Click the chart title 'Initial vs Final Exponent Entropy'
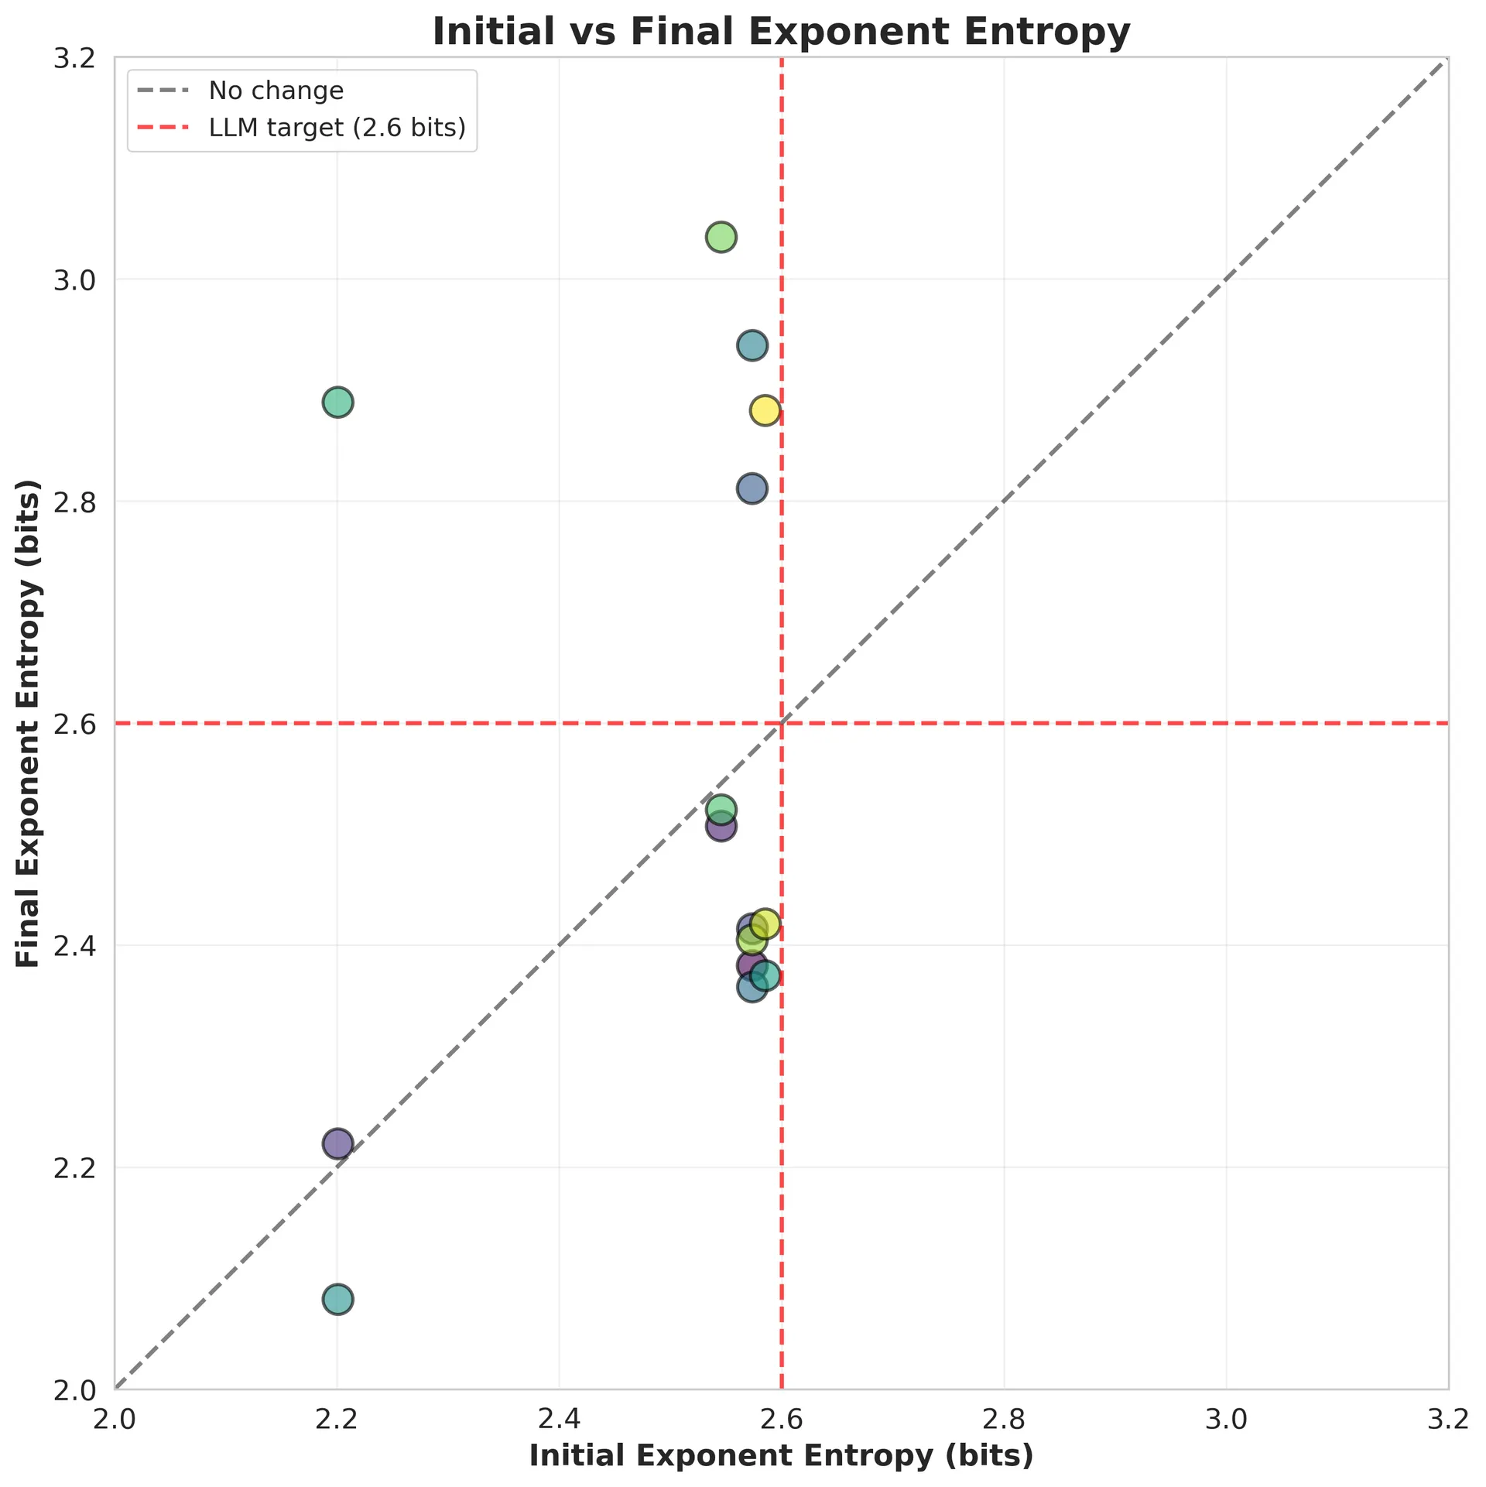click(x=781, y=33)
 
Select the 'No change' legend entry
click(x=276, y=91)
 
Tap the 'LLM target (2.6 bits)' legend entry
click(x=337, y=128)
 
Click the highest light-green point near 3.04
click(x=721, y=236)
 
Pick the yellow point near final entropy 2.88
click(x=765, y=409)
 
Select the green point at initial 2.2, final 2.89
click(x=337, y=402)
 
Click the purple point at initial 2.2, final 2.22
click(x=337, y=1143)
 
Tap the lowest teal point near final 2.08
click(x=337, y=1299)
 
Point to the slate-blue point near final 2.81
click(x=752, y=488)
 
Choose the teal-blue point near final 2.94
click(x=752, y=344)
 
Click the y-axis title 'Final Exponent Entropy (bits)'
click(x=29, y=723)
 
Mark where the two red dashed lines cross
click(x=782, y=724)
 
